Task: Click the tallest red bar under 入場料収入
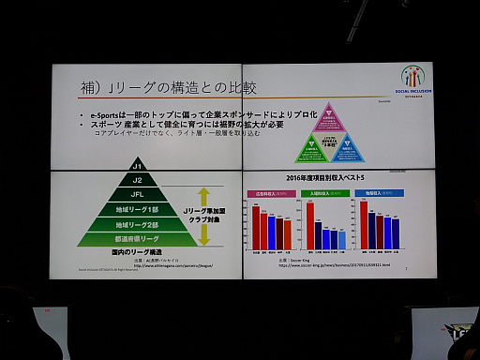(310, 225)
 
